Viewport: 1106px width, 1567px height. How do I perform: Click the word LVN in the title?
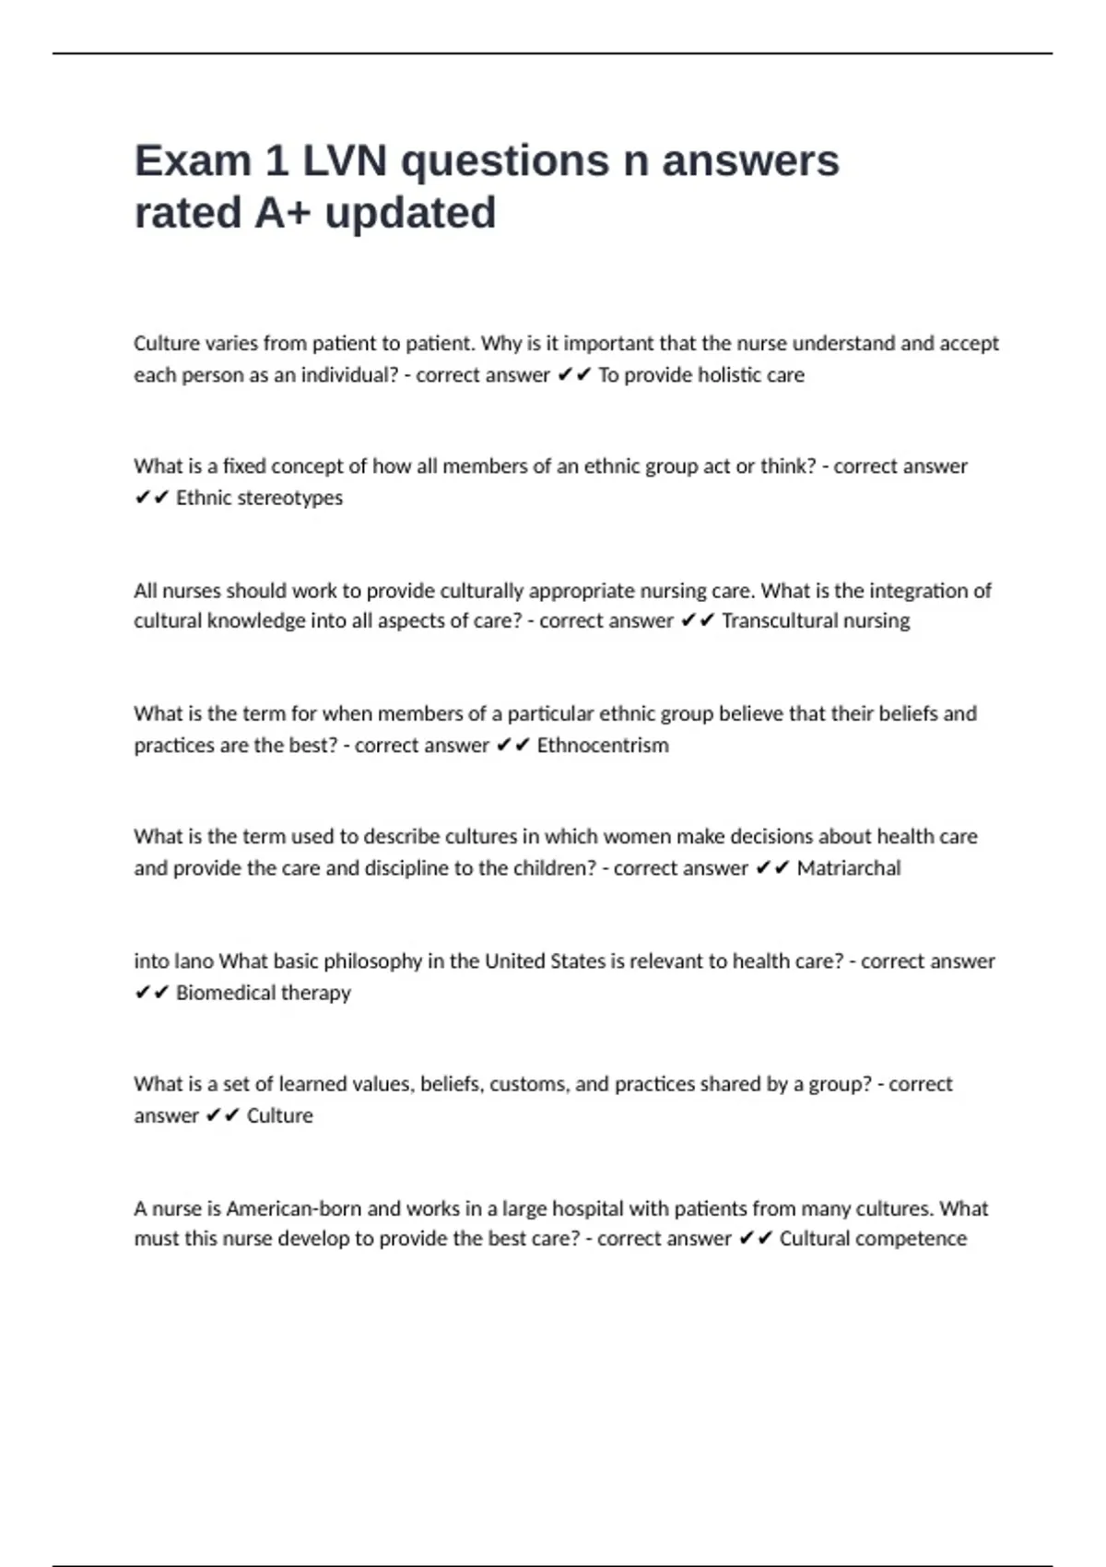click(344, 161)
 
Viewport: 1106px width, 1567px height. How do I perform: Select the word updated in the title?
click(410, 213)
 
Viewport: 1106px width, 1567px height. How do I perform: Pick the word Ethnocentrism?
click(603, 745)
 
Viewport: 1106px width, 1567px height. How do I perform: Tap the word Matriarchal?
click(849, 868)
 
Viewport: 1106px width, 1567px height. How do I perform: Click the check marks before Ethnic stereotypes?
click(152, 498)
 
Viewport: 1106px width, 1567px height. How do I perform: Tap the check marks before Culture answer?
click(223, 1116)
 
